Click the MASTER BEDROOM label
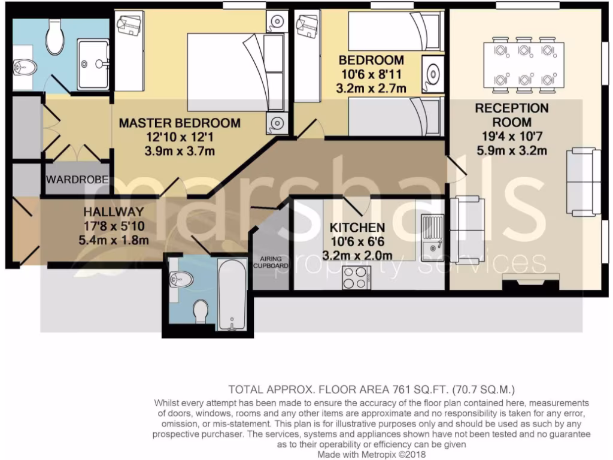click(180, 123)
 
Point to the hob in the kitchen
click(356, 278)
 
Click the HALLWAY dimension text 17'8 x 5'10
click(114, 226)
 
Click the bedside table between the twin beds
click(432, 74)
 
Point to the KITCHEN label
click(357, 228)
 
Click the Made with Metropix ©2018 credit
click(372, 455)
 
